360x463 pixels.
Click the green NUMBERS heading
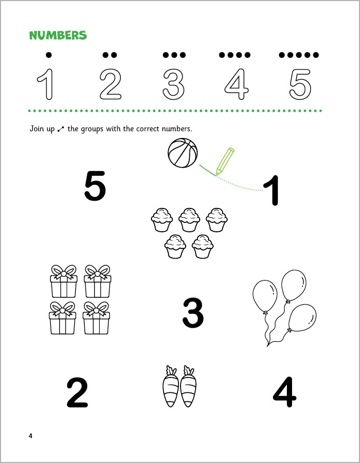click(58, 35)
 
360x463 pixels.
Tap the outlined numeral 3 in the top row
click(174, 85)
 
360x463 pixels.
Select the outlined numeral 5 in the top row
click(300, 85)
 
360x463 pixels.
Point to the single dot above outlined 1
click(49, 54)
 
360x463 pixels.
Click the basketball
click(183, 153)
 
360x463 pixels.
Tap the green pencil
click(225, 161)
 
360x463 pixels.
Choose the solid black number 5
click(95, 186)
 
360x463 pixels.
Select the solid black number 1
click(271, 190)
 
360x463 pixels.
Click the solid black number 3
click(193, 313)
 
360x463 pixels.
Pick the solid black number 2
click(77, 392)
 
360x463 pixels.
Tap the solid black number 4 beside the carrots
click(284, 392)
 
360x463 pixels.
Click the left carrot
click(171, 386)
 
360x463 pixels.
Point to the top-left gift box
click(64, 281)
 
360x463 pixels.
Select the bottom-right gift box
click(96, 318)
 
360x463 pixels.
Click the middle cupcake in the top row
click(189, 220)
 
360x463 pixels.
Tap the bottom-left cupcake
click(175, 247)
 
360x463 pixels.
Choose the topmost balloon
click(294, 285)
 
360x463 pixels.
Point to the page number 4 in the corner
click(31, 436)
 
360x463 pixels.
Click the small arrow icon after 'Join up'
click(61, 129)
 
